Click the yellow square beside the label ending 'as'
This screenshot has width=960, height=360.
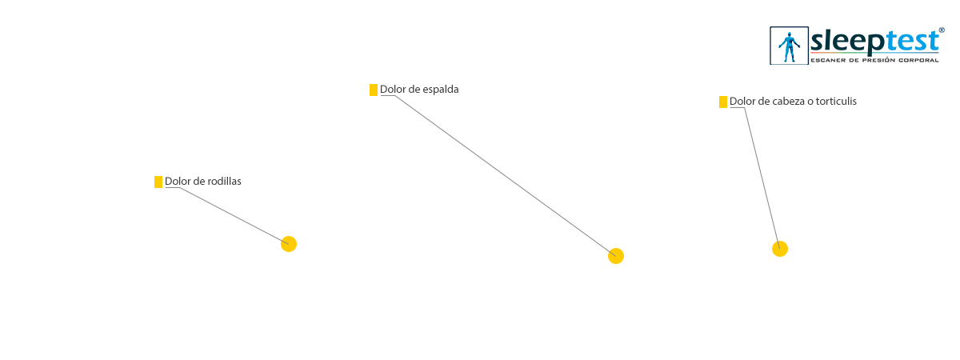[x=158, y=182]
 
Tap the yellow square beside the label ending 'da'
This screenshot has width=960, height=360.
[x=373, y=90]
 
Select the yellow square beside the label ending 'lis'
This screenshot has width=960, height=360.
[x=723, y=102]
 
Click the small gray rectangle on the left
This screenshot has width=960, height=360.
[x=227, y=215]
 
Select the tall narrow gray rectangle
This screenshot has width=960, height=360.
[x=754, y=178]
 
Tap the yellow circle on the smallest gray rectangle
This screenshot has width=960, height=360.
[x=289, y=244]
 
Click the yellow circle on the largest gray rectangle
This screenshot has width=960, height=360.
[x=616, y=256]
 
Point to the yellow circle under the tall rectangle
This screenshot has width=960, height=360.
[x=780, y=249]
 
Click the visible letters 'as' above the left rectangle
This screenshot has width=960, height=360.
[x=236, y=182]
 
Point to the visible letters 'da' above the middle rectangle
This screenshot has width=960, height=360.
[x=453, y=90]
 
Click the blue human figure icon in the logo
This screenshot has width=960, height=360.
[x=790, y=46]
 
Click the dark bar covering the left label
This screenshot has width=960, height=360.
[x=198, y=182]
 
